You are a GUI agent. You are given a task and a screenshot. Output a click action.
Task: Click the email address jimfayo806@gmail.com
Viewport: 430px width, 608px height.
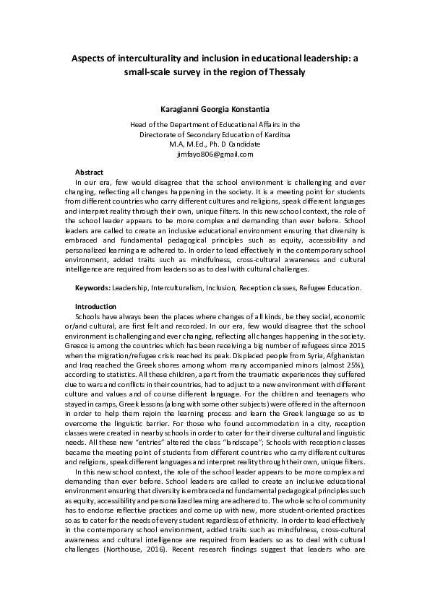215,154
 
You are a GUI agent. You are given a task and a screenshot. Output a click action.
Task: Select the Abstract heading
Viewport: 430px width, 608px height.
90,172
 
